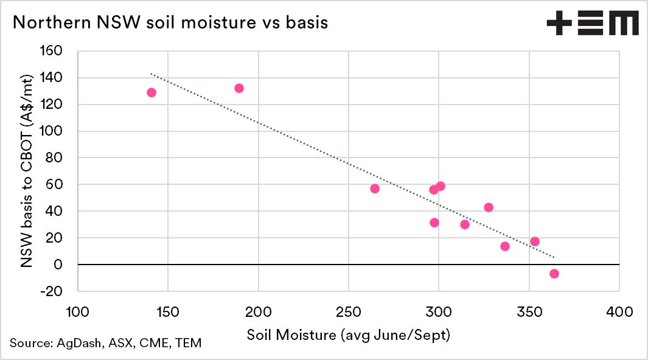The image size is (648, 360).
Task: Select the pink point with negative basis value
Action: click(554, 274)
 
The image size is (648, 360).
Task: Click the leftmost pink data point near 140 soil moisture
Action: click(152, 92)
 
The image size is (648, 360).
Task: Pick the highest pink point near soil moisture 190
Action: click(239, 88)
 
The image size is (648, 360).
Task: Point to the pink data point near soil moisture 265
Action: click(375, 189)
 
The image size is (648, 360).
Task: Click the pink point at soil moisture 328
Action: click(489, 207)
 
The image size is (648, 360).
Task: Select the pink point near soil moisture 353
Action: click(535, 241)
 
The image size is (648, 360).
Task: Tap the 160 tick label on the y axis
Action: click(51, 51)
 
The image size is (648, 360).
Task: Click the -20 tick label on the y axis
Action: click(51, 291)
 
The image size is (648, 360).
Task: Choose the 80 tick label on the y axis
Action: click(55, 158)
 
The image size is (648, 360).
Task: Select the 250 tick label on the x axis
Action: click(348, 313)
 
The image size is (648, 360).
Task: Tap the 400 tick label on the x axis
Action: click(619, 313)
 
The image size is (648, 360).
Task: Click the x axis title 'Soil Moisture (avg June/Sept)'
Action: click(348, 335)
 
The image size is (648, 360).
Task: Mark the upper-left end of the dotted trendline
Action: click(151, 74)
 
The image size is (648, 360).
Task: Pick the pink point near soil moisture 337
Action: click(505, 246)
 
